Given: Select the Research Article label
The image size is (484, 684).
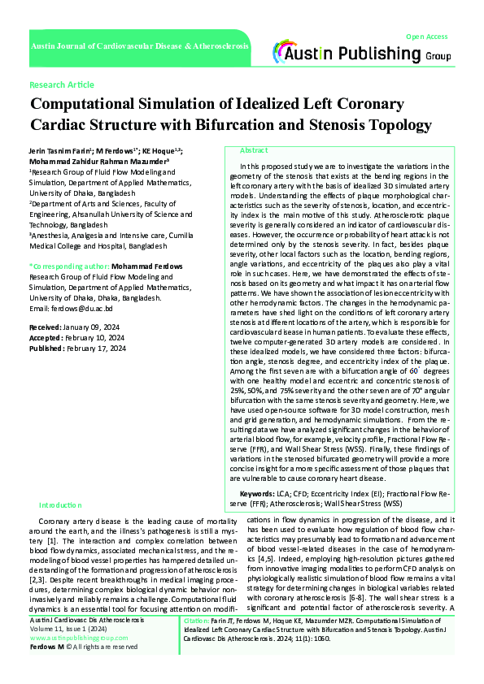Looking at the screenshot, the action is (61, 84).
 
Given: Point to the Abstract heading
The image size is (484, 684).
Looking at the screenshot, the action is (254, 151).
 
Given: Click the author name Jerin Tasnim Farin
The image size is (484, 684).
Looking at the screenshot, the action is (60, 151).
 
